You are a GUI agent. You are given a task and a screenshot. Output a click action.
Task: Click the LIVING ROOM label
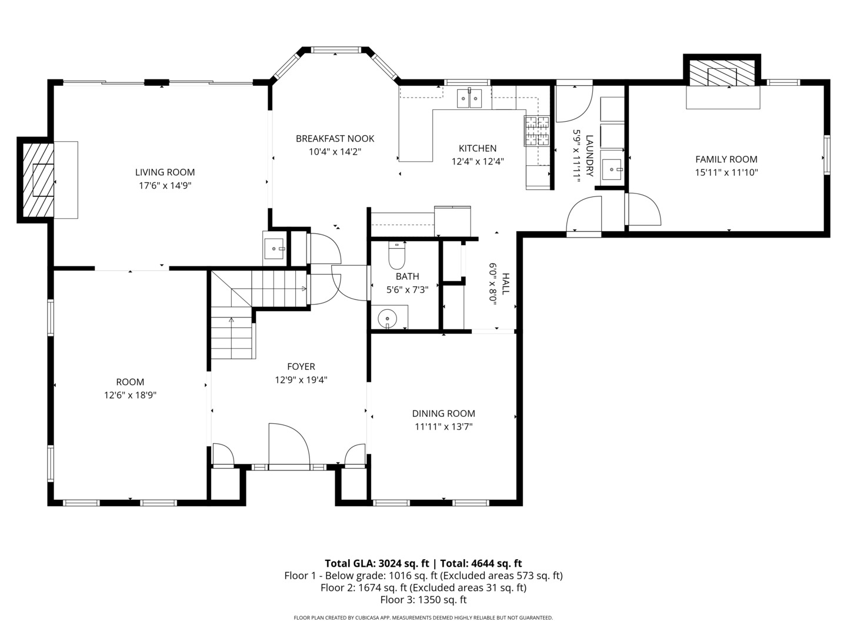point(165,172)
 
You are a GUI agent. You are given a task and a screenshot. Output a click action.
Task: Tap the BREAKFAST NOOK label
point(335,138)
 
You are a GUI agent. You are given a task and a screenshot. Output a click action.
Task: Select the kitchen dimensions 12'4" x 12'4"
point(478,161)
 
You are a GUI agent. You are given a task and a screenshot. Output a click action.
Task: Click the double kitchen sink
point(469,98)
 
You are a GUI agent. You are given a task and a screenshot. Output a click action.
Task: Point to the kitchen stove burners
point(536,131)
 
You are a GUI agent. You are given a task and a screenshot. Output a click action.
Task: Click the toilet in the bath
point(396,255)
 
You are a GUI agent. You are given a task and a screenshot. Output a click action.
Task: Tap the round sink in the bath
point(388,319)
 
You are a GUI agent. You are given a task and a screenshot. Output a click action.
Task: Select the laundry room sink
point(612,169)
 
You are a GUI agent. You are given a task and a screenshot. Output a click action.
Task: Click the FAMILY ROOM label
point(726,159)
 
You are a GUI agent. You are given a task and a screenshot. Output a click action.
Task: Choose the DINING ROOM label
point(443,413)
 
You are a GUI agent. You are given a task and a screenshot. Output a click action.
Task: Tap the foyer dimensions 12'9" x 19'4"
point(301,380)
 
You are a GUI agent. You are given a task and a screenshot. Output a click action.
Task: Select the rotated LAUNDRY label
point(589,156)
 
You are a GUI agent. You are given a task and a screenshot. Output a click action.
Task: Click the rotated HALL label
point(505,284)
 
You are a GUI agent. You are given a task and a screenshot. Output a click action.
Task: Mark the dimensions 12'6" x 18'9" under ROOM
point(130,395)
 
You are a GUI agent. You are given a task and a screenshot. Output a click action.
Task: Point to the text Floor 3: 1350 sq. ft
point(423,600)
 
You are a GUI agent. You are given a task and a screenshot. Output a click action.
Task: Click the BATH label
point(408,276)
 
